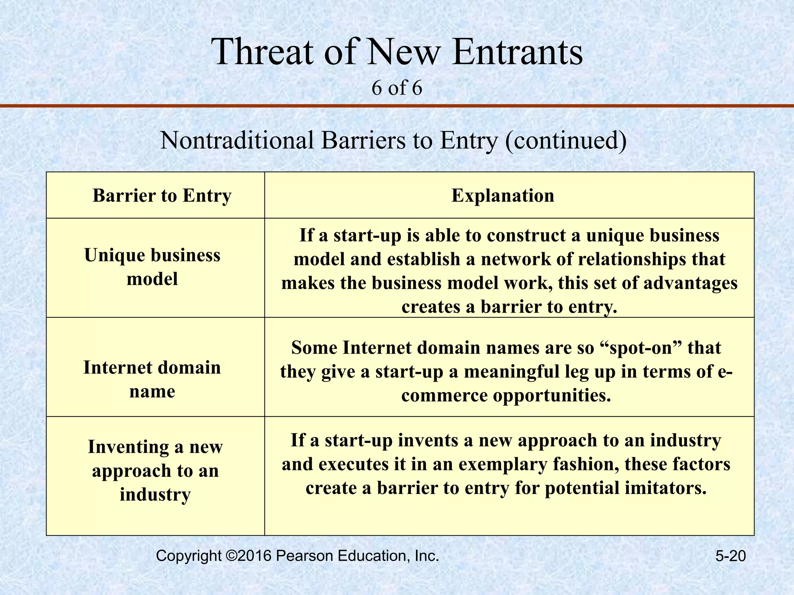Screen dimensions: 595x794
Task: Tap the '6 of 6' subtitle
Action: point(396,88)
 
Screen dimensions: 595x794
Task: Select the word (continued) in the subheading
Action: point(566,140)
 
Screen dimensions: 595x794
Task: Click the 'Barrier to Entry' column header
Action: point(162,196)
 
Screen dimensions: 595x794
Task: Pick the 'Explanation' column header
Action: point(503,196)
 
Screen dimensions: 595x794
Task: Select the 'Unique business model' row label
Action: point(152,267)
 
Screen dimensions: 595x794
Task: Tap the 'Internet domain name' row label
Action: point(152,379)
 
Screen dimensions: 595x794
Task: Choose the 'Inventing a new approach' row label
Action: point(155,470)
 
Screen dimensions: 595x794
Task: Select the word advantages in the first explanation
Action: point(690,283)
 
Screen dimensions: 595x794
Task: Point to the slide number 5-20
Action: point(730,556)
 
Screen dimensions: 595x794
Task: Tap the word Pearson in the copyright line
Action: point(304,556)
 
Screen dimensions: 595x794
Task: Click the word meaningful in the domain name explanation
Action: point(524,372)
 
